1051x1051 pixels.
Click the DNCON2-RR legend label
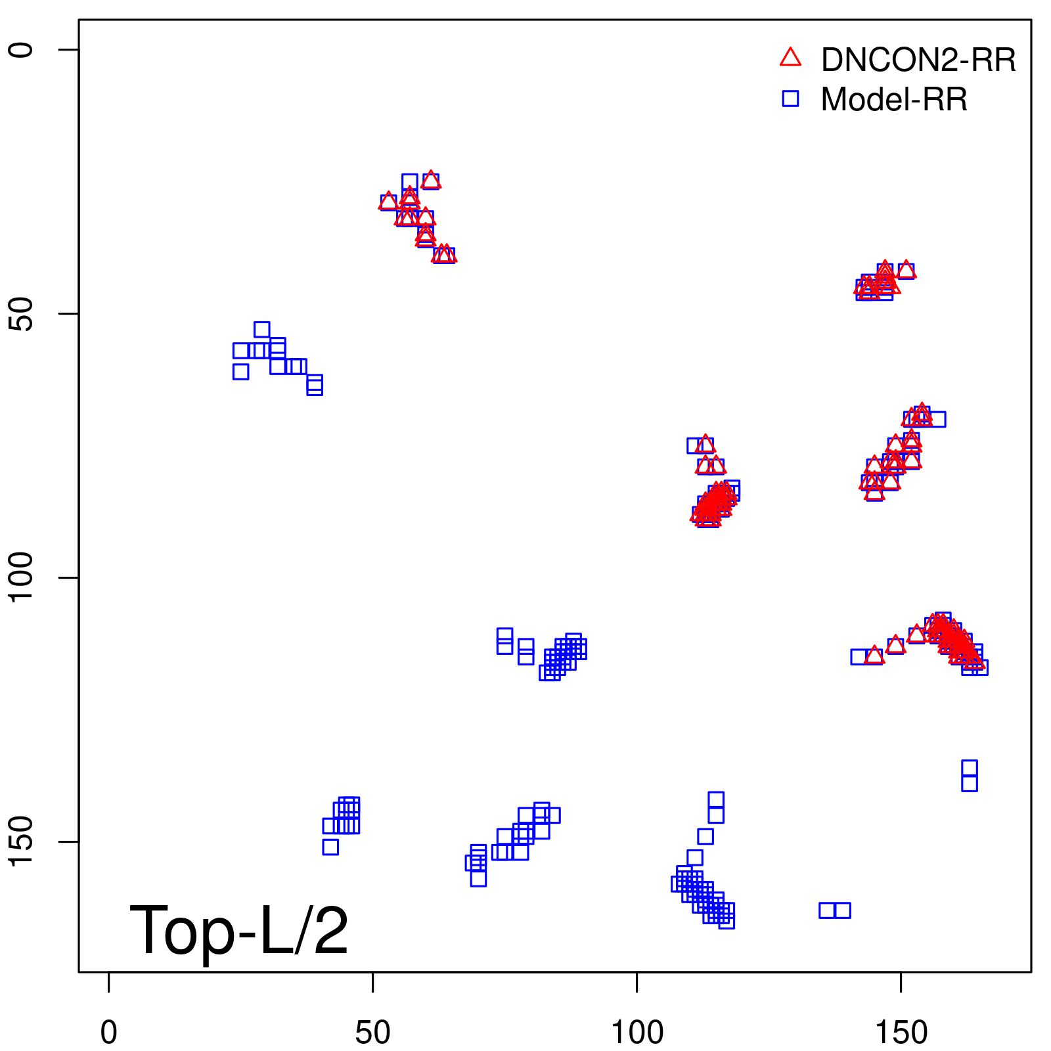click(x=918, y=60)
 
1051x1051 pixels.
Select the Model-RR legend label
click(x=893, y=100)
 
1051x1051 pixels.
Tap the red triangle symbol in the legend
click(x=790, y=58)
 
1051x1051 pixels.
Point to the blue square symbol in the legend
click(x=790, y=99)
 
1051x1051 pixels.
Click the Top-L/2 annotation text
click(x=239, y=930)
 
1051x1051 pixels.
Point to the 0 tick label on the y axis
click(x=21, y=50)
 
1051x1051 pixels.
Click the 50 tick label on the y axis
click(x=21, y=314)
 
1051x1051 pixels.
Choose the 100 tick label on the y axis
click(x=21, y=578)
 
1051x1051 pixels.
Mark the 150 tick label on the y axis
click(x=21, y=842)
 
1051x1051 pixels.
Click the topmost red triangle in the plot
click(x=431, y=179)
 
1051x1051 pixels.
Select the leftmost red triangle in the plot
click(x=388, y=201)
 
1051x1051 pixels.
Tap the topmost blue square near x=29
click(x=261, y=330)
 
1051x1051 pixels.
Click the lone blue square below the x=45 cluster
click(x=330, y=847)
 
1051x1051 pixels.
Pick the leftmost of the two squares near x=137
click(x=827, y=910)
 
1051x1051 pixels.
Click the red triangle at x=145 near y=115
click(x=874, y=655)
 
